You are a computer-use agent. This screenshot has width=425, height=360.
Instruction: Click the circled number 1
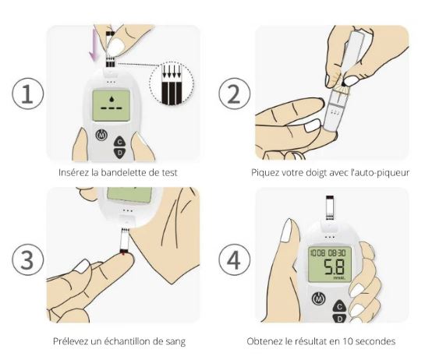tap(27, 94)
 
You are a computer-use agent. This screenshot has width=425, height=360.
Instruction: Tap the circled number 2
tap(235, 94)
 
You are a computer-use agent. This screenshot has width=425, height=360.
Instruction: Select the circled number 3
tap(27, 259)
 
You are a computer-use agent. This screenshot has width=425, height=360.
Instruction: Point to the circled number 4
tap(235, 259)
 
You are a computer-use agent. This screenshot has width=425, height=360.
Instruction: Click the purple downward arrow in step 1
tap(94, 44)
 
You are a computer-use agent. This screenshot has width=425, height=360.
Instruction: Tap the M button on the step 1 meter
tap(101, 135)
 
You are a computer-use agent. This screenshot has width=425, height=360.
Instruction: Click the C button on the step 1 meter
tap(120, 142)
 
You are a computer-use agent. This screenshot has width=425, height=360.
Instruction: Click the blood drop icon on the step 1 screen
tap(112, 99)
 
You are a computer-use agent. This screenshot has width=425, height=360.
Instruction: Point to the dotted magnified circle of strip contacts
tap(172, 83)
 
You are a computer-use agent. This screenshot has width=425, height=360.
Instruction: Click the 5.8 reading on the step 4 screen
tap(335, 267)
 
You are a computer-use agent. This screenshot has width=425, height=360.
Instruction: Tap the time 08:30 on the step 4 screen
tap(337, 253)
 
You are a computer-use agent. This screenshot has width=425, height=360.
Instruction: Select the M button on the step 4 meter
tap(318, 298)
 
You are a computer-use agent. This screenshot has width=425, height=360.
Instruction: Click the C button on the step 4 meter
tap(339, 307)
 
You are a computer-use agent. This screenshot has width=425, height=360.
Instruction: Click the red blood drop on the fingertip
tap(123, 253)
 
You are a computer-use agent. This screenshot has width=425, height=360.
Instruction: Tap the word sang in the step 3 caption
tap(175, 341)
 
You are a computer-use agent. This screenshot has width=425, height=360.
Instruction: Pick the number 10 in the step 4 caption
tap(348, 341)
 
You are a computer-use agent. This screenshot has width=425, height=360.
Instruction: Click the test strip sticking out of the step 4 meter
tap(330, 207)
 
